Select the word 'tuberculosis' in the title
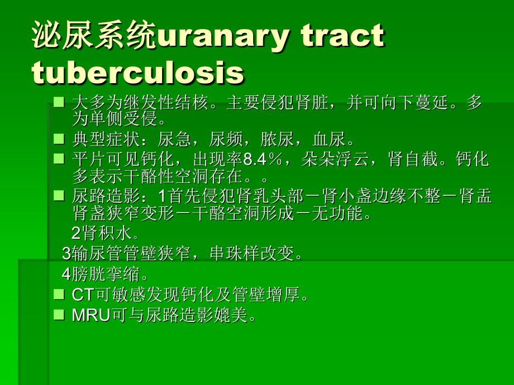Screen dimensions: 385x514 coord(138,73)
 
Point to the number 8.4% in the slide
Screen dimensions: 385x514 coord(258,160)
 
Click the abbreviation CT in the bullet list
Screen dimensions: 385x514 coord(83,295)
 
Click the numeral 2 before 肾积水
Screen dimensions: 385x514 coord(77,233)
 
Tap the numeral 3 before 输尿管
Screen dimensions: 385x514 coord(66,254)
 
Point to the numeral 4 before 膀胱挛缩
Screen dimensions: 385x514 coord(66,275)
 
